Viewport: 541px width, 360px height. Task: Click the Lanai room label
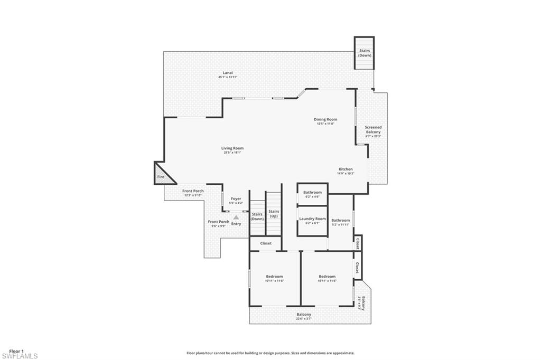(228, 73)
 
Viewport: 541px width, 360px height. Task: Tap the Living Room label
(232, 148)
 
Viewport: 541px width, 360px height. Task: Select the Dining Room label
(326, 120)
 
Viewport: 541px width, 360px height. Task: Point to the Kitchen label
(346, 169)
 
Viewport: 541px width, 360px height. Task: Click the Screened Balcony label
(373, 129)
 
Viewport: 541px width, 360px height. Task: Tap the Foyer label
(236, 198)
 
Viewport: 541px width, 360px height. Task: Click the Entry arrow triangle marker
(236, 217)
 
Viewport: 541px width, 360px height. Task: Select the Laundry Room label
(312, 219)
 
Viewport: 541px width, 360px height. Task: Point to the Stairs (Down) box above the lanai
(365, 53)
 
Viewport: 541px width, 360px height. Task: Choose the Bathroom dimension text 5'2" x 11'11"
(340, 225)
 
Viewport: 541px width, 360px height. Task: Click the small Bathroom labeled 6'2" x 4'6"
(312, 193)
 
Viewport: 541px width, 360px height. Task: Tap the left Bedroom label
(274, 277)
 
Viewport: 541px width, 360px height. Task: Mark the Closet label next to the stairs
(265, 243)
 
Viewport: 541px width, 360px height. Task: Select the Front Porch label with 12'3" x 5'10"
(193, 191)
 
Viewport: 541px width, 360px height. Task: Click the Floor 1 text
(16, 350)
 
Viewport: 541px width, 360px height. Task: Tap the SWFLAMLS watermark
(20, 356)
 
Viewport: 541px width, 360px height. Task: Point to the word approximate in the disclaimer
(343, 353)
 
